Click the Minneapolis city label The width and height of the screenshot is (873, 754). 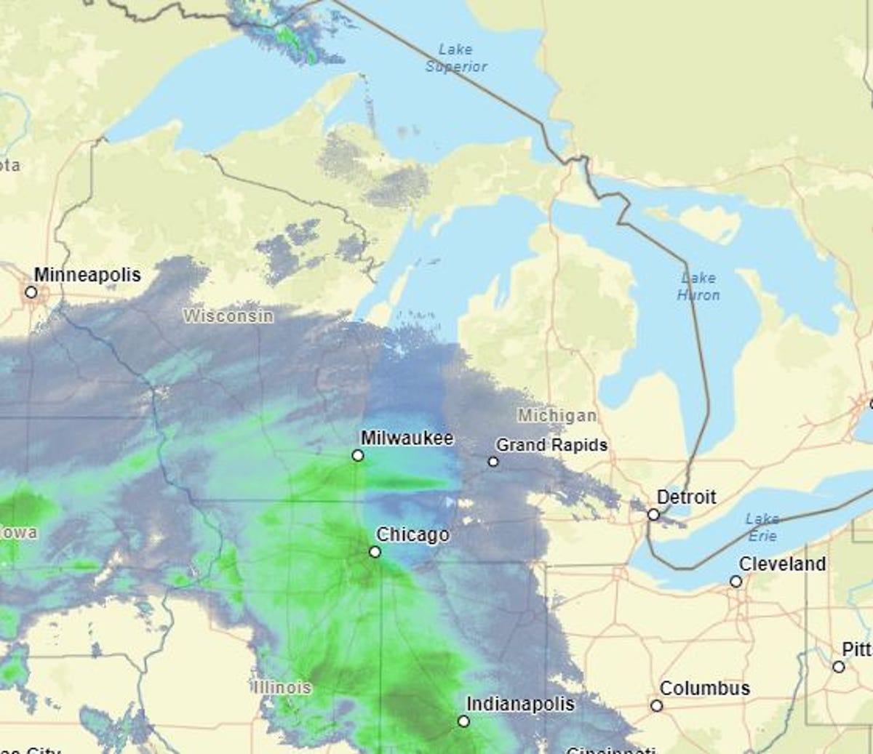(x=87, y=275)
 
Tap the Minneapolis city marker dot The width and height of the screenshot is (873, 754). (x=31, y=292)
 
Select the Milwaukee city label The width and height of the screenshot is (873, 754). (x=407, y=438)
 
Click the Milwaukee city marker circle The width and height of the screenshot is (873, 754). (x=357, y=455)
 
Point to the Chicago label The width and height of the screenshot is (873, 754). (x=412, y=534)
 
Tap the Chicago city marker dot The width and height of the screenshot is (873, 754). (x=375, y=552)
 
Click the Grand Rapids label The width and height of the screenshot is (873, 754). (x=551, y=444)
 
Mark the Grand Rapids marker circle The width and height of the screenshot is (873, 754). (x=493, y=462)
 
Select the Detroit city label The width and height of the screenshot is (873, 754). (x=686, y=497)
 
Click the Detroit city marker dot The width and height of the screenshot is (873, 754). (x=653, y=515)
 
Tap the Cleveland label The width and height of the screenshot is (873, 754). (x=782, y=564)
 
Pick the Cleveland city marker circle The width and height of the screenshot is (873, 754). (x=736, y=582)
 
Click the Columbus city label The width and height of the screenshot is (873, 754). (x=704, y=688)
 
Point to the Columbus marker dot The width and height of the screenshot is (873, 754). (x=656, y=706)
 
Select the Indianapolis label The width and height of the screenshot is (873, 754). (x=520, y=704)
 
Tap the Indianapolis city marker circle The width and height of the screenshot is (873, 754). (x=463, y=721)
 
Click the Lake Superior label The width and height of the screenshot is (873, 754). (x=456, y=57)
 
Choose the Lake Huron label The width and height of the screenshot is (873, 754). (x=698, y=286)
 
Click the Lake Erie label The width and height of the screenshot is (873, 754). (x=762, y=527)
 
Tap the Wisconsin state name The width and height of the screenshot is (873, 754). (x=228, y=316)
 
